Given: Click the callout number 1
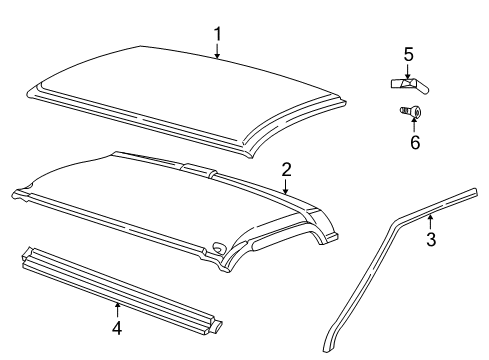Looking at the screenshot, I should point(217,35).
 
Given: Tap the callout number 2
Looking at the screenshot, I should point(286,170).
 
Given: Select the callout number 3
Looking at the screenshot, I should point(431,239).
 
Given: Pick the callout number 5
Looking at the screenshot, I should point(408,54).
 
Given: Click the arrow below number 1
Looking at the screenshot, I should point(217,52).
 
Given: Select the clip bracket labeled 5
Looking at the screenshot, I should point(407,83).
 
